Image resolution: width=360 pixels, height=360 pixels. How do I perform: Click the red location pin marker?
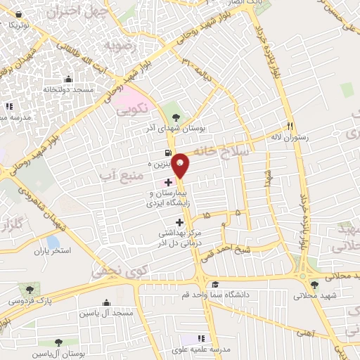click(181, 165)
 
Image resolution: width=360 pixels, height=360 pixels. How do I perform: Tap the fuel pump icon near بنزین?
click(167, 153)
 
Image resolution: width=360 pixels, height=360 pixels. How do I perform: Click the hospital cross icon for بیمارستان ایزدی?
click(167, 182)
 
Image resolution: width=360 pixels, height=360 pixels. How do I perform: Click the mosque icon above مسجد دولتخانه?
click(67, 79)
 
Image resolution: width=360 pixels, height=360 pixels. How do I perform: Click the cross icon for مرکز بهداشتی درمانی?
click(179, 222)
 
